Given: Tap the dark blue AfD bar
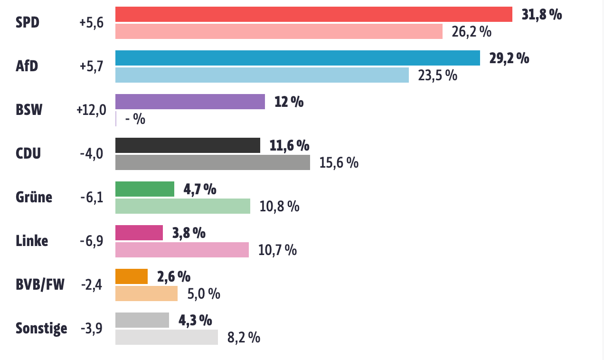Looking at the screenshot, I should (x=298, y=58).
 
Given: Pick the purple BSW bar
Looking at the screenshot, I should (x=190, y=102).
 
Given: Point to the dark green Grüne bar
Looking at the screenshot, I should (x=145, y=189).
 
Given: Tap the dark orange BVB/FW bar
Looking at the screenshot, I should (x=132, y=276).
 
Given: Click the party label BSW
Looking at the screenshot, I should (x=29, y=110).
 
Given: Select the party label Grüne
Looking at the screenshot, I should (x=34, y=197).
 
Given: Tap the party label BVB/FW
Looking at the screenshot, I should (x=40, y=285).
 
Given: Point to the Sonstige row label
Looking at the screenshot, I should (x=41, y=328).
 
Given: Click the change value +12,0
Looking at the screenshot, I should (x=91, y=110).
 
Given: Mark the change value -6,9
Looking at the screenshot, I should (x=91, y=241).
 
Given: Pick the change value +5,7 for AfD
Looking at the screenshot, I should (x=91, y=66).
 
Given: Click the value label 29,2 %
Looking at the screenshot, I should (x=509, y=58).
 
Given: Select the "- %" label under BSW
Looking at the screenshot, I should (x=135, y=119).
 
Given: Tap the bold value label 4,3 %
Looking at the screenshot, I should (x=195, y=320).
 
